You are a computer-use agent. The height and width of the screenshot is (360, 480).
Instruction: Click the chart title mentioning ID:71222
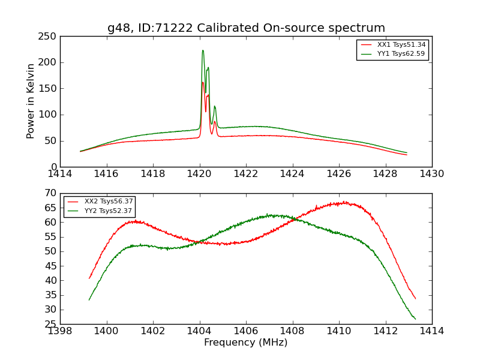click(x=246, y=28)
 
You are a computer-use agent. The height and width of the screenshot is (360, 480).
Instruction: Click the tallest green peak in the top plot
click(x=203, y=50)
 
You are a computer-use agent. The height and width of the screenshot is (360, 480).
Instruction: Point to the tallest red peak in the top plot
click(x=202, y=82)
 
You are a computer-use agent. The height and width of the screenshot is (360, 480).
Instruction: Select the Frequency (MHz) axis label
click(x=245, y=343)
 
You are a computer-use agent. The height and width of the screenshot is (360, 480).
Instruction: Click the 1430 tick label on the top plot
click(x=432, y=173)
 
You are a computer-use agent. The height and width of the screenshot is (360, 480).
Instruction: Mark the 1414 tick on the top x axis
click(x=60, y=173)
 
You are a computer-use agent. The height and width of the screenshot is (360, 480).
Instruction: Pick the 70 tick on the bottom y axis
click(x=52, y=193)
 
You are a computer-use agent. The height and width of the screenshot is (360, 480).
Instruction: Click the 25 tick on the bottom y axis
click(x=52, y=324)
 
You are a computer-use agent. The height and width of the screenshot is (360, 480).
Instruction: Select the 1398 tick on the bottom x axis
click(x=60, y=331)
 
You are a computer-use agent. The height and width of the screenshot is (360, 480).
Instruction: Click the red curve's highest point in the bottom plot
click(x=344, y=202)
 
